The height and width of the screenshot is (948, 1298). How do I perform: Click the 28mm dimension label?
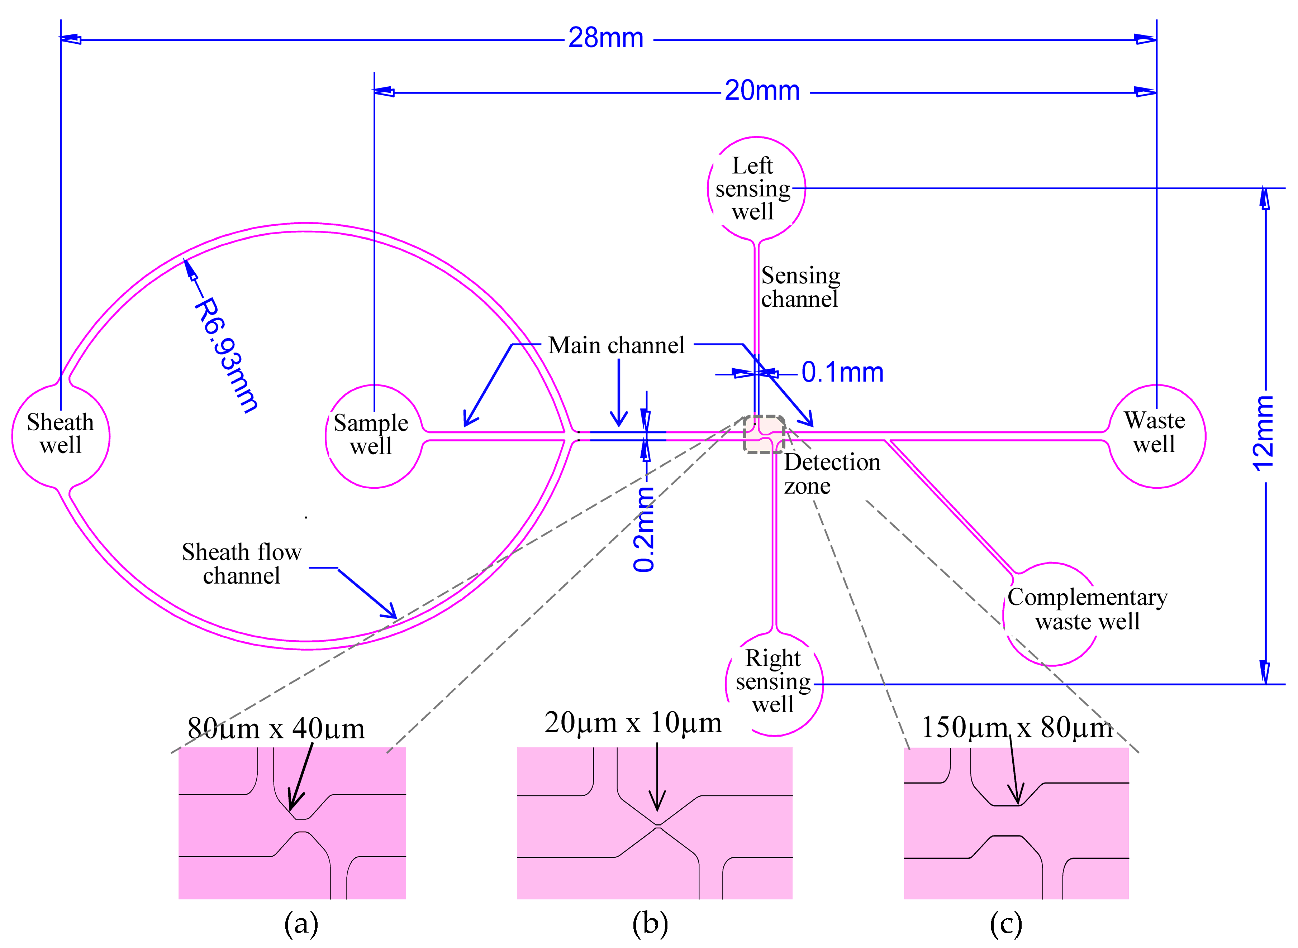pyautogui.click(x=606, y=38)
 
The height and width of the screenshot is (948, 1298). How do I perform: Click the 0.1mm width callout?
pyautogui.click(x=842, y=373)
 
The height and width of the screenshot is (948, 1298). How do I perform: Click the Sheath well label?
pyautogui.click(x=60, y=434)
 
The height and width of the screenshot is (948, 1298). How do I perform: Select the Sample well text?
pyautogui.click(x=371, y=434)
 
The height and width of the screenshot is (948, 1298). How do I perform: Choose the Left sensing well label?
pyautogui.click(x=753, y=189)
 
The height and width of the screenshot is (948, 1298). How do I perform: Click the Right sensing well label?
pyautogui.click(x=773, y=681)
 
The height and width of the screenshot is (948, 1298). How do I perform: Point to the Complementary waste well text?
pyautogui.click(x=1087, y=609)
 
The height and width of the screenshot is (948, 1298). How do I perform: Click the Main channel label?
pyautogui.click(x=616, y=345)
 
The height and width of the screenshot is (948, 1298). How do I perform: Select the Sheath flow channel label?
pyautogui.click(x=242, y=564)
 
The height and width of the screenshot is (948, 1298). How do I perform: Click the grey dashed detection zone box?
pyautogui.click(x=764, y=434)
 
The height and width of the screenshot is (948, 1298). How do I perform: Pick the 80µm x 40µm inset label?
pyautogui.click(x=276, y=729)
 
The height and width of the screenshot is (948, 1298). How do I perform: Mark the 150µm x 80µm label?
pyautogui.click(x=1017, y=728)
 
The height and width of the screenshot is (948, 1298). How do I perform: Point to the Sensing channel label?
pyautogui.click(x=800, y=287)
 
